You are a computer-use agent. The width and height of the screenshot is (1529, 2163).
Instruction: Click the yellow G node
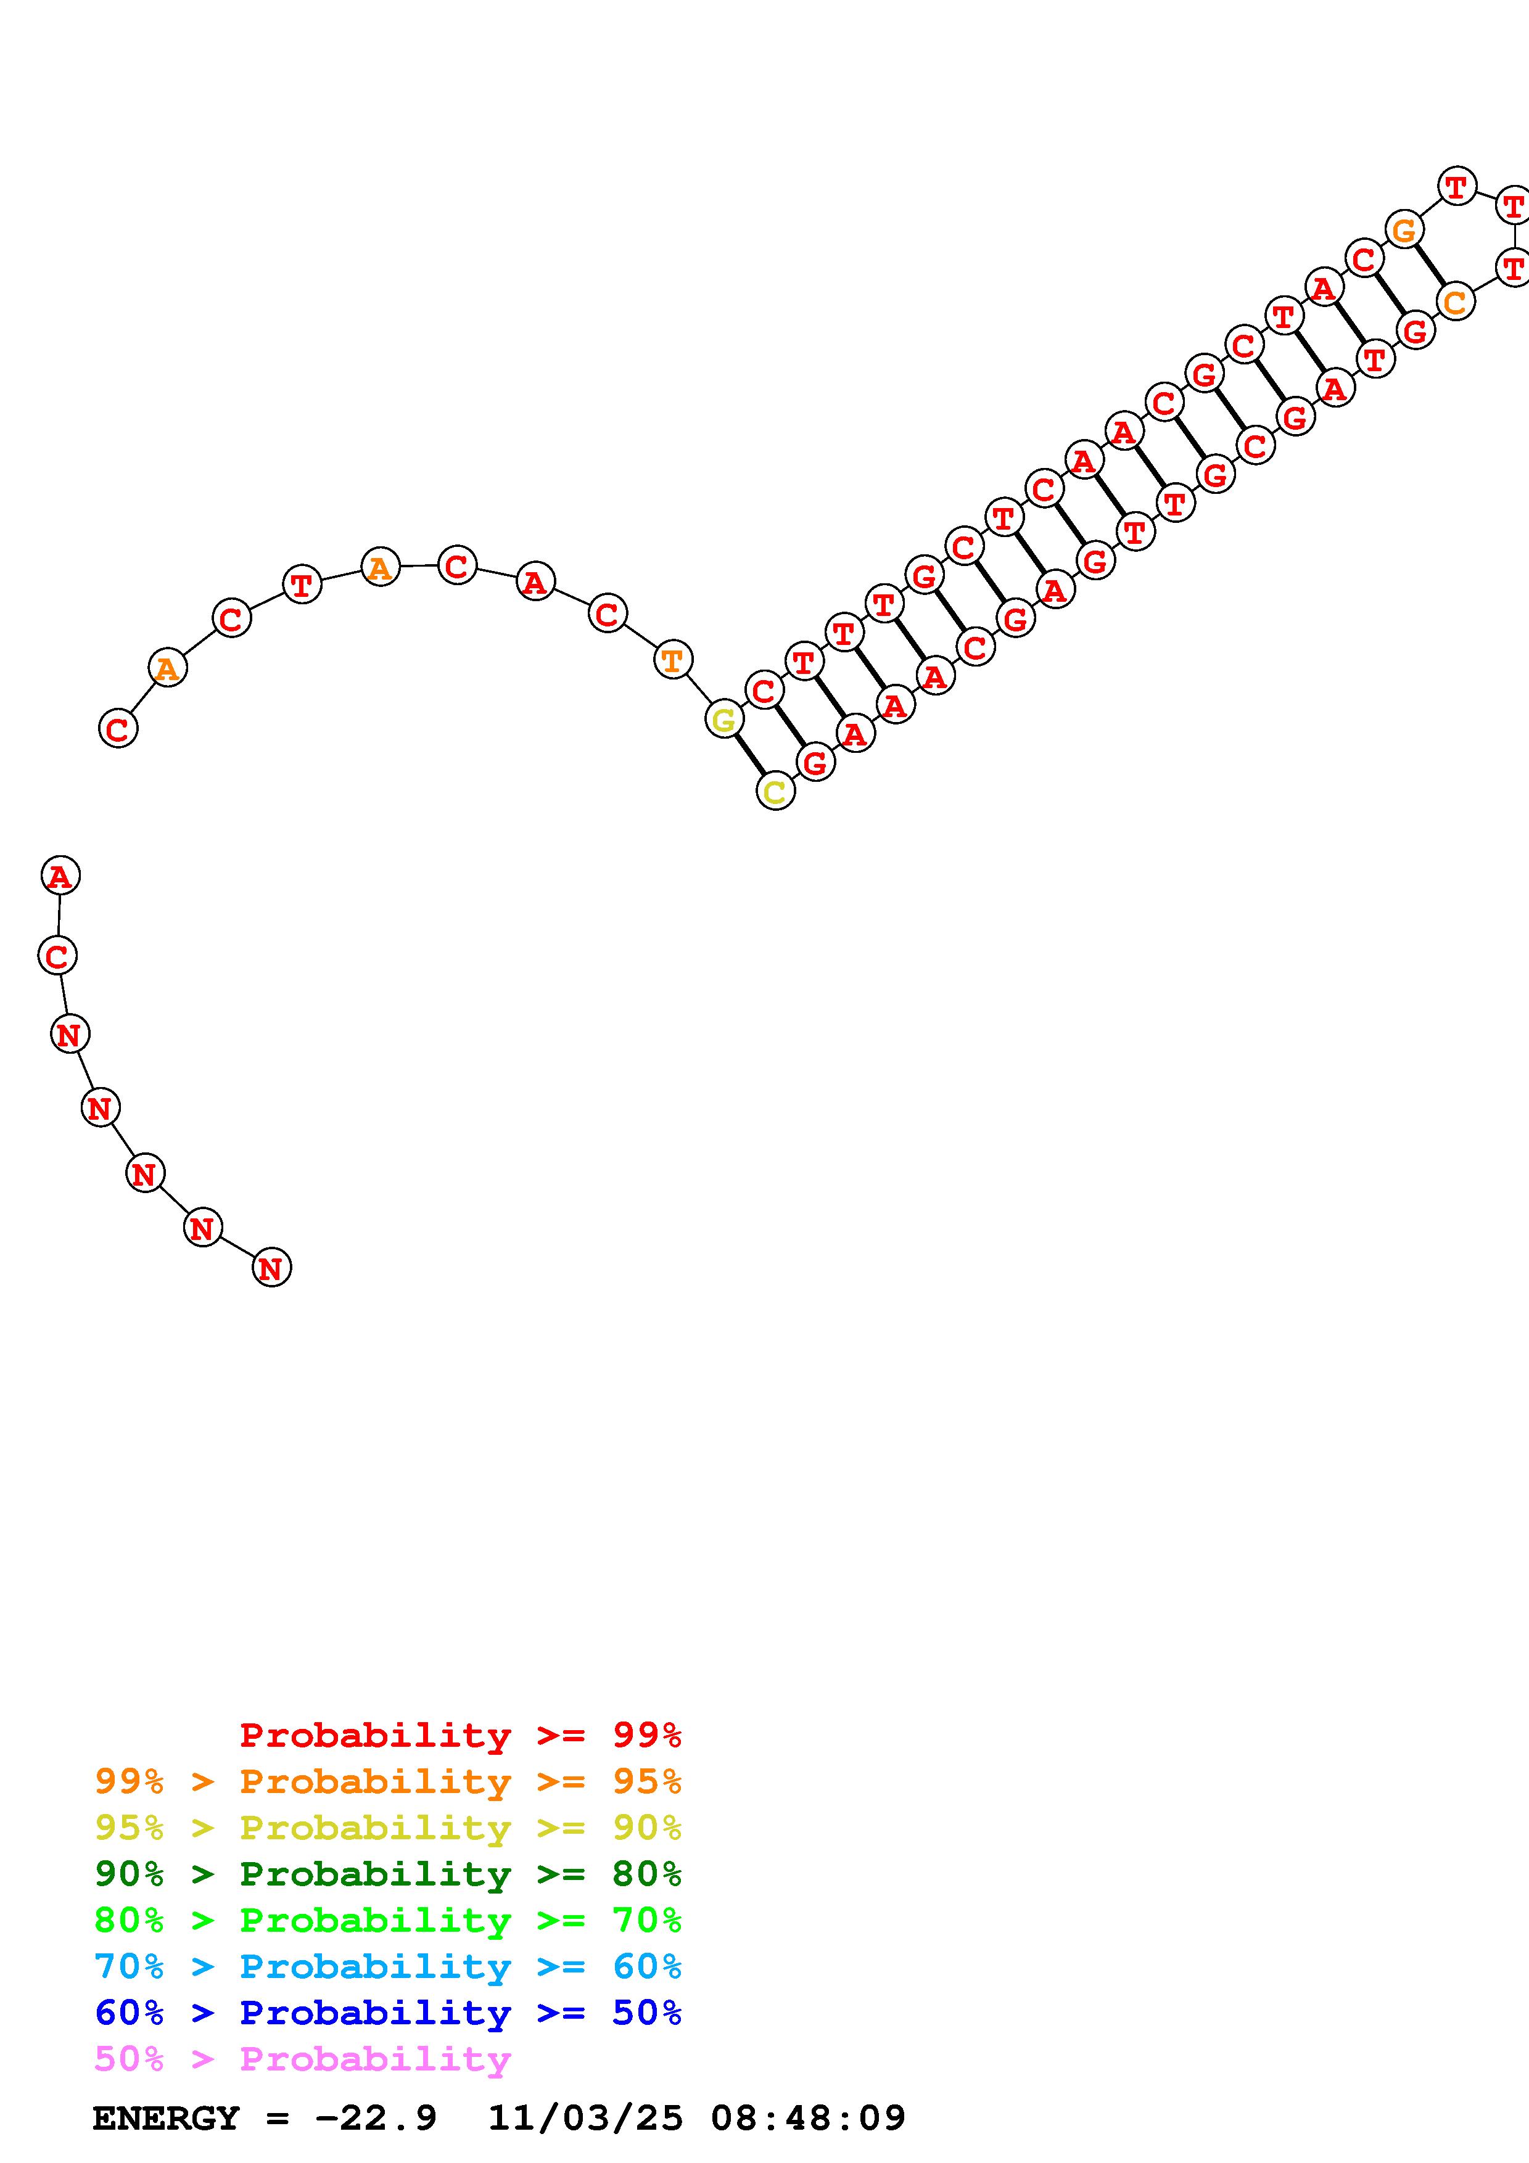pos(723,720)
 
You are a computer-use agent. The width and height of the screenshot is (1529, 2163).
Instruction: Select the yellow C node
pos(775,791)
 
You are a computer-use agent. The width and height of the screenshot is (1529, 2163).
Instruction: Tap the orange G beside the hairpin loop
pos(1404,229)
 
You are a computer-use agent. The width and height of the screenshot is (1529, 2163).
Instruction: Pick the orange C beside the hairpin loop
pos(1456,302)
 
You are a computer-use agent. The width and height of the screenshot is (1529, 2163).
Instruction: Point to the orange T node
pos(672,660)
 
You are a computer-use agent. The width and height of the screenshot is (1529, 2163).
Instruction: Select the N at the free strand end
pos(271,1268)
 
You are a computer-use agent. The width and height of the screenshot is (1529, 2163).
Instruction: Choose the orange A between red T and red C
pos(380,568)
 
